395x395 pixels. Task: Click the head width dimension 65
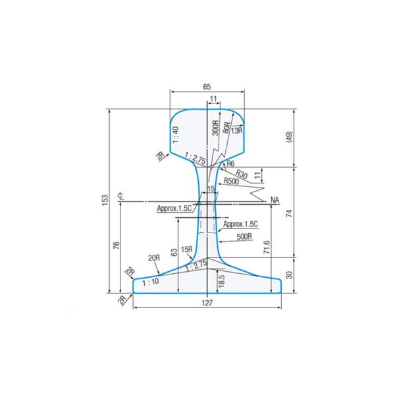207,87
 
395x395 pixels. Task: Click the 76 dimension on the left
117,246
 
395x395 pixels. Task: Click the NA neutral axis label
275,199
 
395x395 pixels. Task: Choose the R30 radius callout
241,174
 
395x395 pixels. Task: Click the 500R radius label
245,235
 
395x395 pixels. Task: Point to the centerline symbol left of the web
120,196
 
